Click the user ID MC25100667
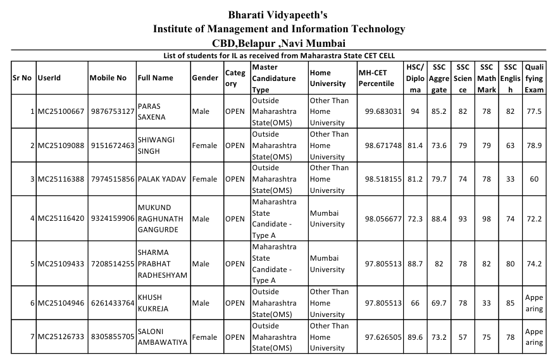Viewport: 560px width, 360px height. [x=61, y=111]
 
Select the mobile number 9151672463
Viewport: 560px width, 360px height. [x=112, y=146]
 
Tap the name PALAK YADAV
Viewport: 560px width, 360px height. [x=162, y=179]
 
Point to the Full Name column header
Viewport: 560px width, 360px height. [x=155, y=78]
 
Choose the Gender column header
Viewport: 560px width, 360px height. [x=205, y=78]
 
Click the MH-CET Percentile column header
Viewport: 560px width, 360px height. [x=376, y=78]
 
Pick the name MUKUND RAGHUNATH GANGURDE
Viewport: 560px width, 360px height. [x=161, y=218]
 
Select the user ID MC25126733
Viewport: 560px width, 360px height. [x=61, y=337]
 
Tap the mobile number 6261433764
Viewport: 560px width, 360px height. [x=112, y=303]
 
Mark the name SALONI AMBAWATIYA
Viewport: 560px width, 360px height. [x=163, y=337]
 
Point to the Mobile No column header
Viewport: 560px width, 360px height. [x=108, y=78]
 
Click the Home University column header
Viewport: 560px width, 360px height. [x=328, y=78]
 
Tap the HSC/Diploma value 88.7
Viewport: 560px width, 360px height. [x=415, y=264]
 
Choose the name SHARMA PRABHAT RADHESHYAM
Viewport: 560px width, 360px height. [x=163, y=264]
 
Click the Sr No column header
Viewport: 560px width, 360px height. [x=22, y=78]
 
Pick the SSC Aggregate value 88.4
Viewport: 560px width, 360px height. [x=439, y=219]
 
